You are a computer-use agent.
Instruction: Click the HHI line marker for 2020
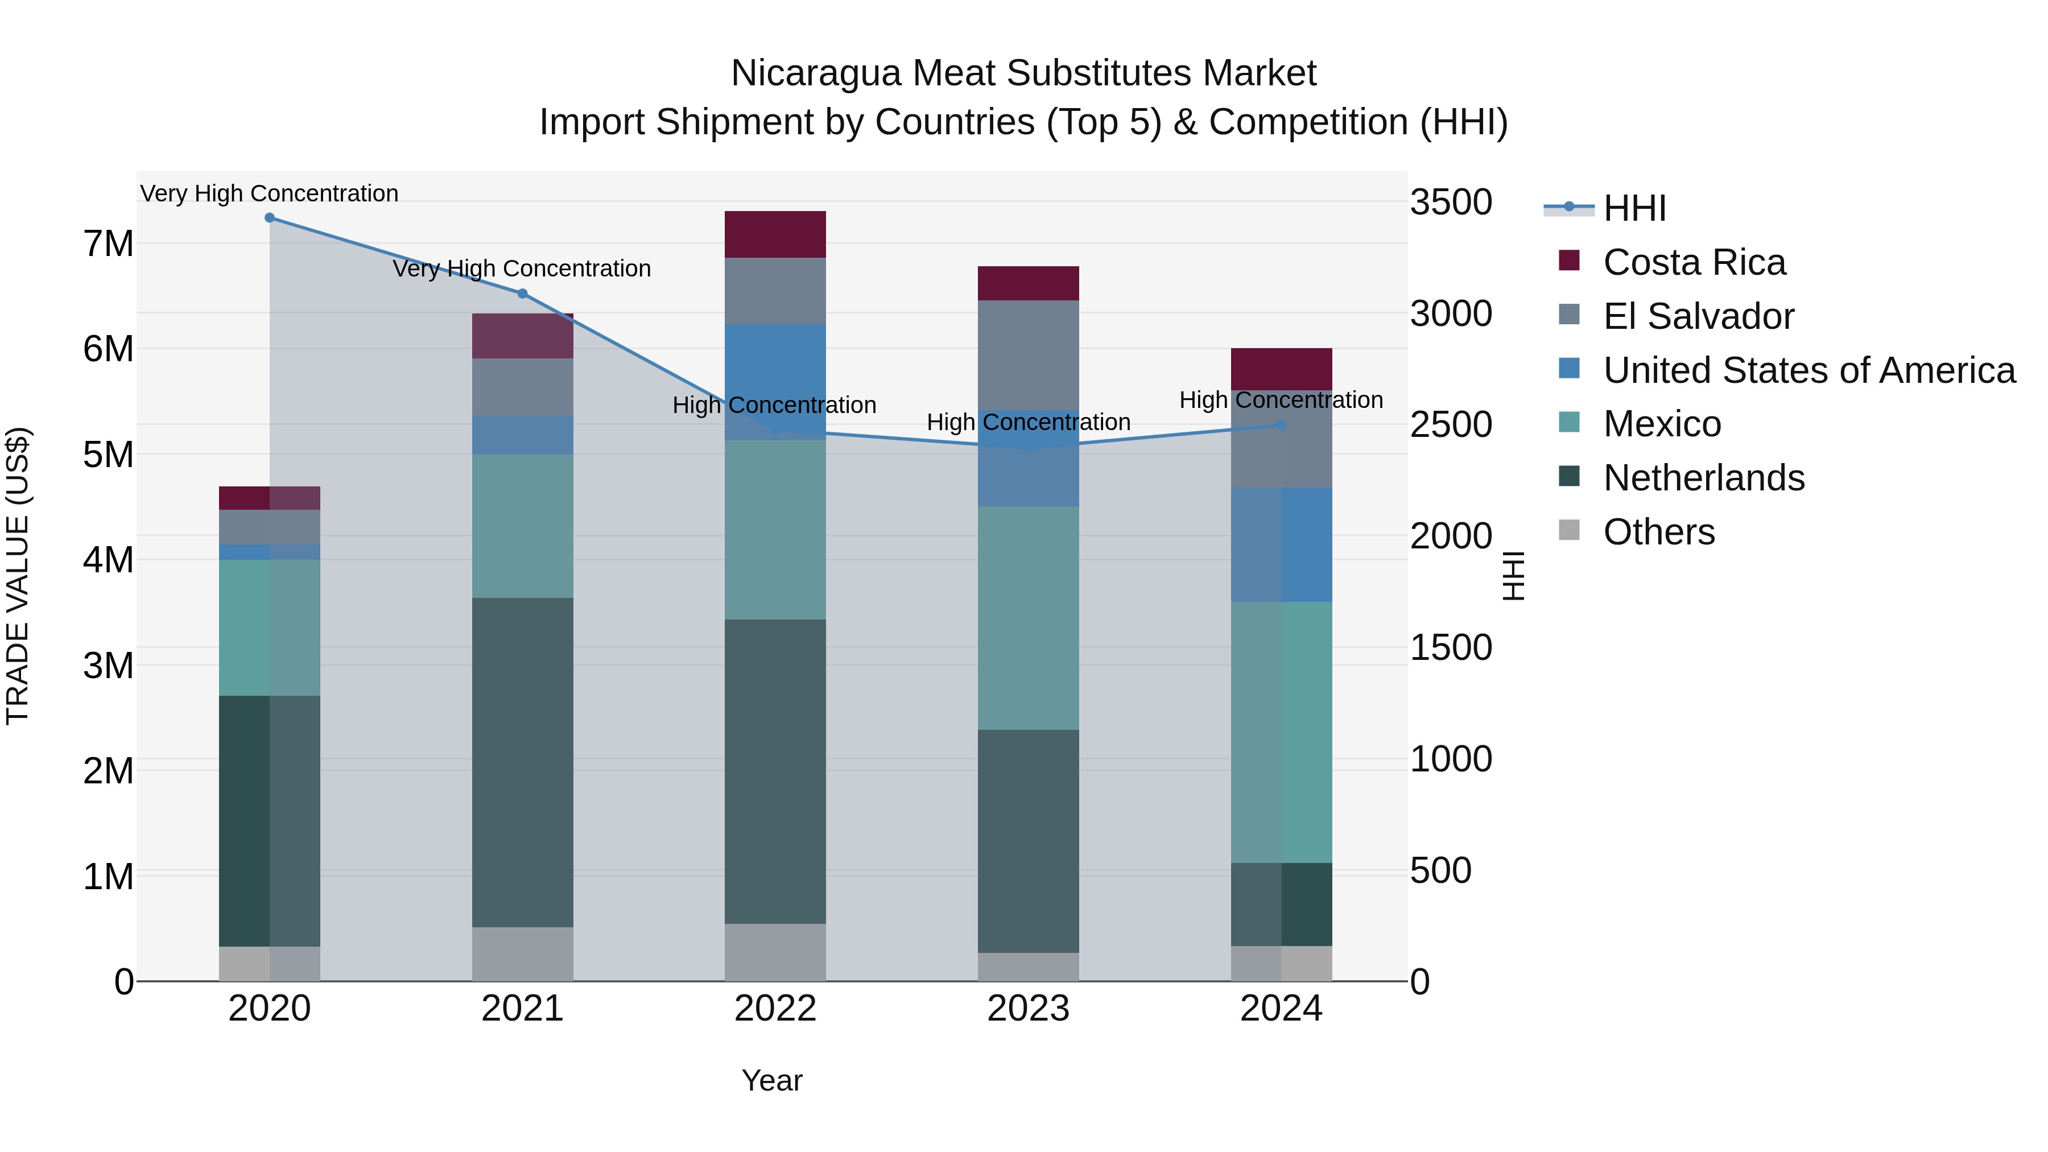270,218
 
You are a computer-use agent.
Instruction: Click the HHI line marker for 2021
522,294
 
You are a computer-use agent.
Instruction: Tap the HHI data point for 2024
1281,426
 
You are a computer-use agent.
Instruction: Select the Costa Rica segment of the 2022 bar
775,234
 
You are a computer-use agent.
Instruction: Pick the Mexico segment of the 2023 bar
1028,618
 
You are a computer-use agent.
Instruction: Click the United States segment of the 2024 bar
1281,544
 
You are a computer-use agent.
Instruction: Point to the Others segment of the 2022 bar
775,952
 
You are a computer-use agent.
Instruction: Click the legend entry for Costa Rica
1694,262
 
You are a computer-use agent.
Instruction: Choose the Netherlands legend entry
1703,478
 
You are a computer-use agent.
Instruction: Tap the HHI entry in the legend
1634,208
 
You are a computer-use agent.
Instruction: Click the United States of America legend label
1808,370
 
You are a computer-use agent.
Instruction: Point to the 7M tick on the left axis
108,243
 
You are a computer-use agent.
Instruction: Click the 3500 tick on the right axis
1450,202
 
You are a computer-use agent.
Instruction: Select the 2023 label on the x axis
1028,1009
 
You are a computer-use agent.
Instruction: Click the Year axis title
771,1080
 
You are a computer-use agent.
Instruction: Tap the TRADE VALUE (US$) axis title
18,576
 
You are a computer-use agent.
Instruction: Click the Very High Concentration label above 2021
522,269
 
